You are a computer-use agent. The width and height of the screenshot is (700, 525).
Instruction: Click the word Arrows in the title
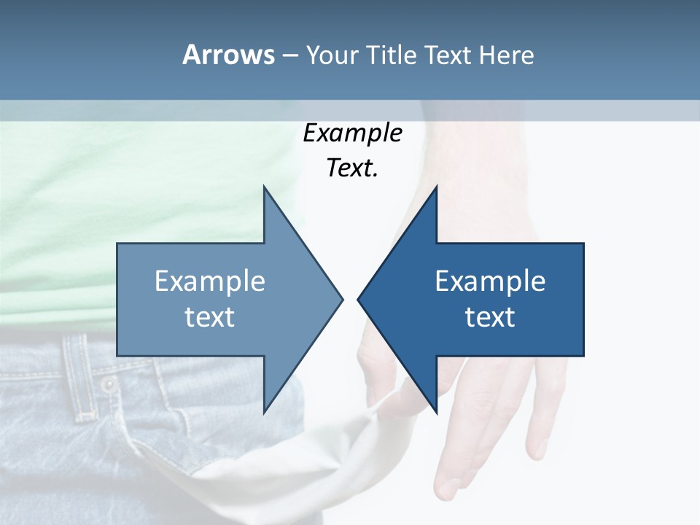pos(228,55)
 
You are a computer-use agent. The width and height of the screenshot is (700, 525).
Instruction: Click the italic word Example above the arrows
pos(352,133)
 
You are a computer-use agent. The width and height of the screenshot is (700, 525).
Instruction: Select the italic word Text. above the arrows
pos(352,168)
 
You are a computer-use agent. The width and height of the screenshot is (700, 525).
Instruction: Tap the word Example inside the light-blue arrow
pos(210,281)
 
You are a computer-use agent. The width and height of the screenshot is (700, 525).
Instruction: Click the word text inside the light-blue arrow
pos(210,317)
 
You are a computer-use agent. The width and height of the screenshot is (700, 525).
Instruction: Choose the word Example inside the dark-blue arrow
pos(490,281)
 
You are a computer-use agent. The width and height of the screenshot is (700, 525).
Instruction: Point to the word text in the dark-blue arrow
pos(490,317)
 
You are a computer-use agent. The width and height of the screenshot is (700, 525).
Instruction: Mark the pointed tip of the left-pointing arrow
pos(359,299)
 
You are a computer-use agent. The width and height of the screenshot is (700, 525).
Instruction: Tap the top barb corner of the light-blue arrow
pos(265,187)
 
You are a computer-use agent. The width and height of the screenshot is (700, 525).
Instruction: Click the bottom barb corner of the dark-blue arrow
pos(436,411)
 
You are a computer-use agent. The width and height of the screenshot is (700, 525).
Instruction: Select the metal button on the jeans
pos(108,384)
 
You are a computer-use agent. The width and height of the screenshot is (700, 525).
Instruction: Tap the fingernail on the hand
pos(446,487)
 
